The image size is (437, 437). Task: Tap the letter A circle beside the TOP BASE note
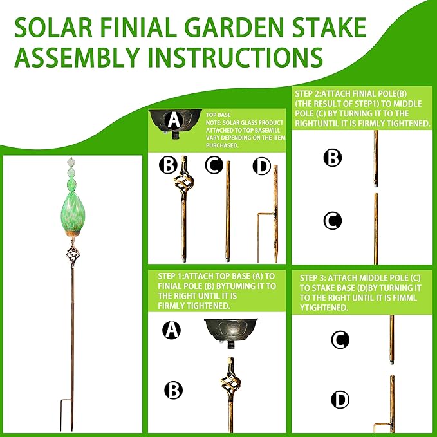(x=172, y=119)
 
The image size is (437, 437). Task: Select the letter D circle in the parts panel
(x=262, y=167)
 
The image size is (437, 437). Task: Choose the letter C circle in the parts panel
(x=214, y=166)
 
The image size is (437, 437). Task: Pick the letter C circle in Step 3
(x=340, y=339)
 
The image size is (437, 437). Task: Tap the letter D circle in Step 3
(x=340, y=399)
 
